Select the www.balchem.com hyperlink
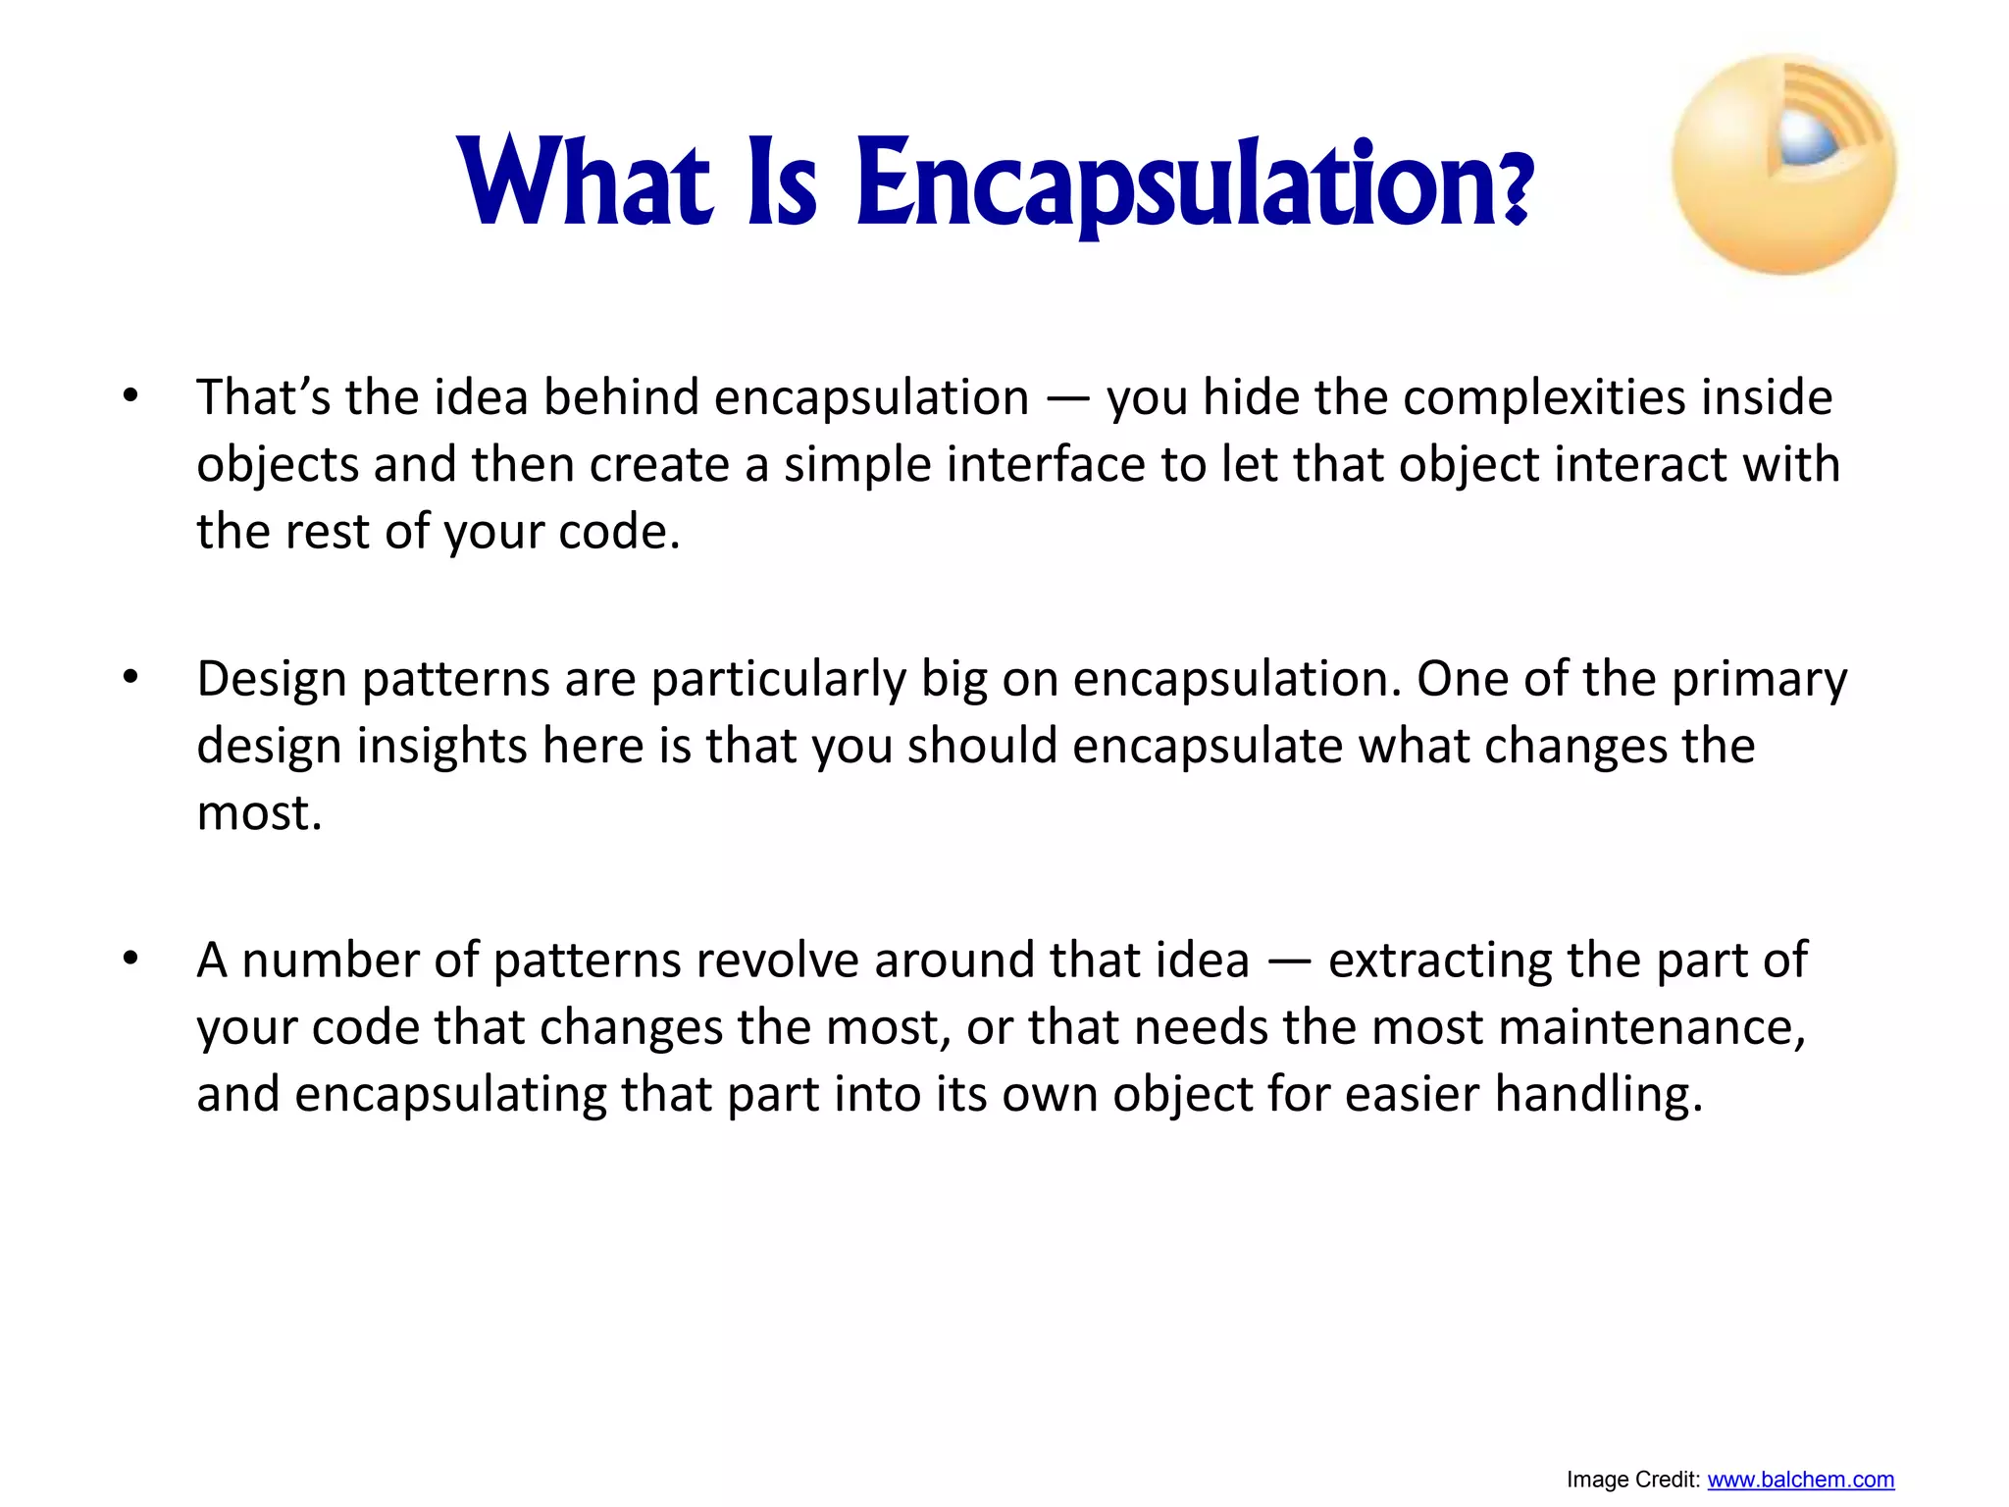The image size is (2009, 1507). pyautogui.click(x=1800, y=1480)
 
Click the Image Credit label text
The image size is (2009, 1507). pyautogui.click(x=1632, y=1480)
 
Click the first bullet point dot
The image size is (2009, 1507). pyautogui.click(x=130, y=398)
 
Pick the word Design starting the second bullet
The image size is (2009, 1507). pyautogui.click(x=272, y=679)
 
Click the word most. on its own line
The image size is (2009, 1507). pyautogui.click(x=259, y=813)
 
